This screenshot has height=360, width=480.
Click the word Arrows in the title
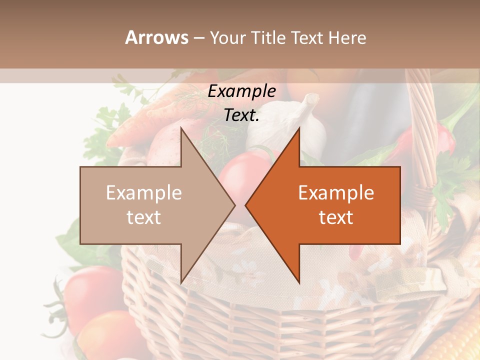pyautogui.click(x=156, y=37)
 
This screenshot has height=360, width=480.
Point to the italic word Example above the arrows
pyautogui.click(x=241, y=91)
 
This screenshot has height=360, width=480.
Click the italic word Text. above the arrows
pyautogui.click(x=241, y=115)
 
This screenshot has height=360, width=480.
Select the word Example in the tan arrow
pyautogui.click(x=144, y=193)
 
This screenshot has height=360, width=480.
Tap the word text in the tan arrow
pyautogui.click(x=144, y=217)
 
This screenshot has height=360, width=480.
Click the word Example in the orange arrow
pyautogui.click(x=336, y=193)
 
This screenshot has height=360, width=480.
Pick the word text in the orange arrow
pyautogui.click(x=336, y=217)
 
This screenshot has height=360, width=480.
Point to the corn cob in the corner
pyautogui.click(x=462, y=340)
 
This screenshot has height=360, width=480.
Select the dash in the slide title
pyautogui.click(x=199, y=38)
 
